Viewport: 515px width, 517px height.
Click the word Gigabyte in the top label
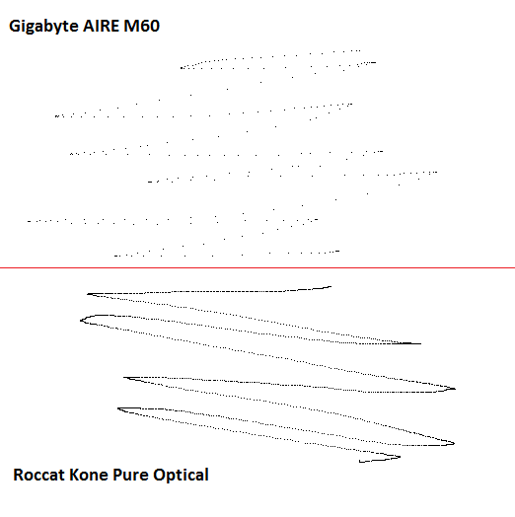(43, 27)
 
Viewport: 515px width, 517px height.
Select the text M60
(141, 26)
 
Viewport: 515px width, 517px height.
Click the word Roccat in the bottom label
(38, 475)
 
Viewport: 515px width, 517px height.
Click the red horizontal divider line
(257, 267)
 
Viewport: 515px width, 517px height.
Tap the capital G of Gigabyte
(15, 26)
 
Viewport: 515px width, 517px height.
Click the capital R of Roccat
(19, 475)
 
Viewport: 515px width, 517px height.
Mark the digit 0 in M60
(154, 26)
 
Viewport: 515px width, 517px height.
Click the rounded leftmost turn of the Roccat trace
(81, 320)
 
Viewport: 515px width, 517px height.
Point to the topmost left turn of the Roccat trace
(88, 294)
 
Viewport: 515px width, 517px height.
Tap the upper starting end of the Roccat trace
(331, 287)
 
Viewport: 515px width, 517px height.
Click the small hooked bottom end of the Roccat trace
(360, 462)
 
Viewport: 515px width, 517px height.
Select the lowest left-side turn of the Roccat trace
(118, 408)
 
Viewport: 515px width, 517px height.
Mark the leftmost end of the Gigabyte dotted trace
(29, 221)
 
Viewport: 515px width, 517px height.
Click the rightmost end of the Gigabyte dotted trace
(436, 172)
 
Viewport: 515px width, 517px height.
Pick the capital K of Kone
(74, 475)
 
